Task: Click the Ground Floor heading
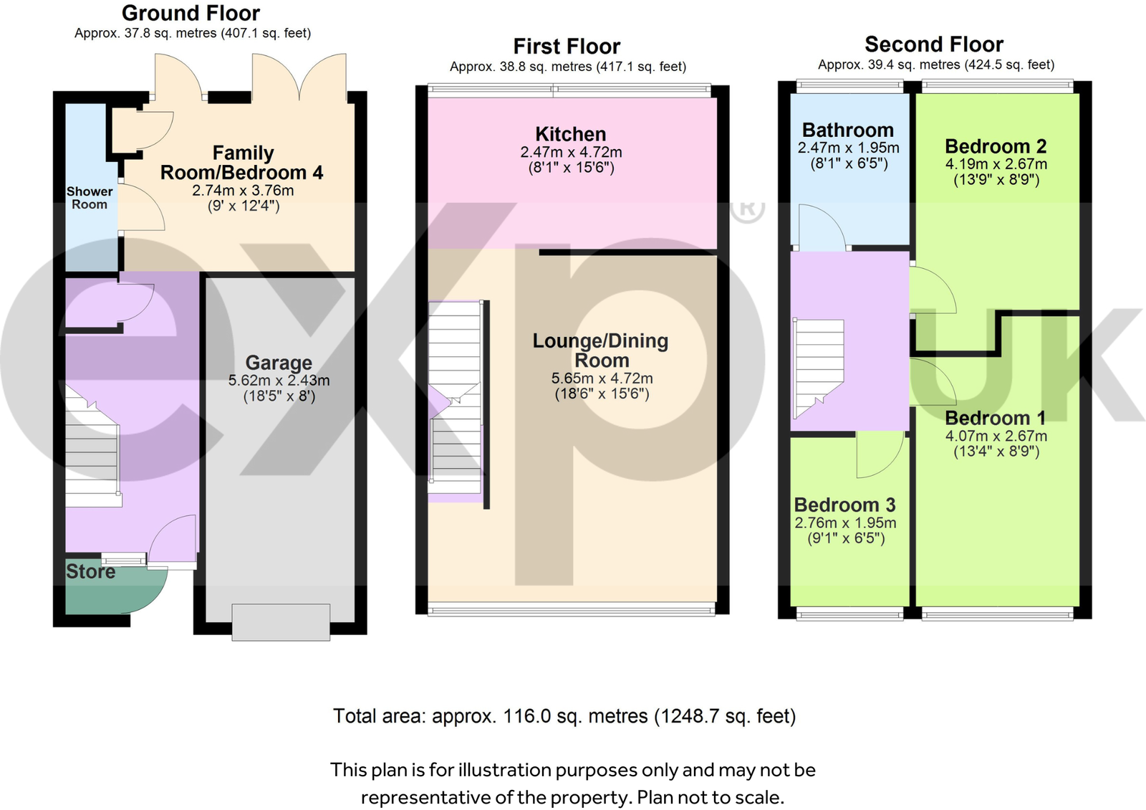tap(191, 13)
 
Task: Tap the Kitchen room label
tap(571, 134)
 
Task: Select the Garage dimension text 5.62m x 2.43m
tap(279, 381)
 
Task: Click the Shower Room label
tap(90, 198)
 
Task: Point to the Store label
tap(90, 571)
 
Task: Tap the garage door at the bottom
tap(281, 621)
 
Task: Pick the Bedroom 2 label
tap(996, 146)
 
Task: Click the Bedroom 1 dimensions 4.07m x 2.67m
tap(996, 436)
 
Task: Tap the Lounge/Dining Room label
tap(600, 351)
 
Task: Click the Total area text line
tap(564, 716)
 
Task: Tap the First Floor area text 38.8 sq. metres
tap(567, 67)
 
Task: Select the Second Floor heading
tap(934, 44)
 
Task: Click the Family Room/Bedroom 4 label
tap(242, 163)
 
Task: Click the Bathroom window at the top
tap(849, 86)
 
